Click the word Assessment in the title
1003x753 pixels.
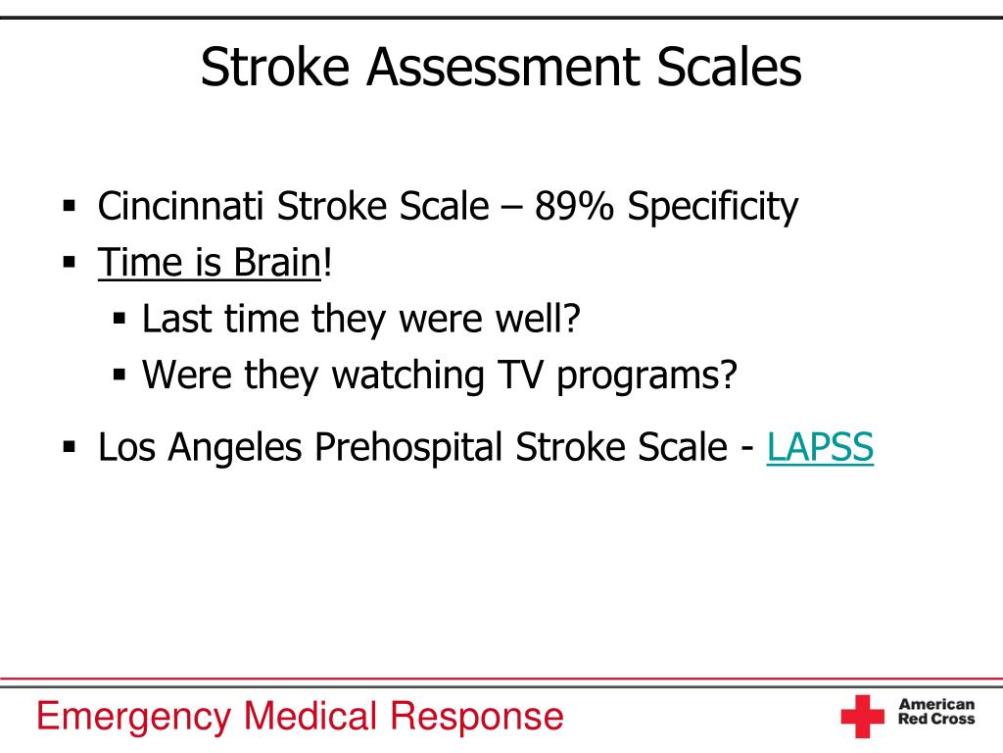[502, 67]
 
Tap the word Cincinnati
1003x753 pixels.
[180, 206]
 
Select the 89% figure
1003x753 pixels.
[574, 206]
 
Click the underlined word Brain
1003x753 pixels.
[276, 262]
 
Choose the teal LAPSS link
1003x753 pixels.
[820, 446]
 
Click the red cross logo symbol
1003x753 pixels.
[862, 716]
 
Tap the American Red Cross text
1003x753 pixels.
[936, 712]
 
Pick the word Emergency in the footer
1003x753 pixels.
[133, 717]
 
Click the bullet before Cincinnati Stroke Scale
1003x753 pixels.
[70, 206]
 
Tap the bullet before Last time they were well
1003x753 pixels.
[119, 319]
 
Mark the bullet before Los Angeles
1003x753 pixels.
[70, 446]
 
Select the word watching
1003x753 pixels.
[408, 376]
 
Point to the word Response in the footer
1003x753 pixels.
[477, 717]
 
